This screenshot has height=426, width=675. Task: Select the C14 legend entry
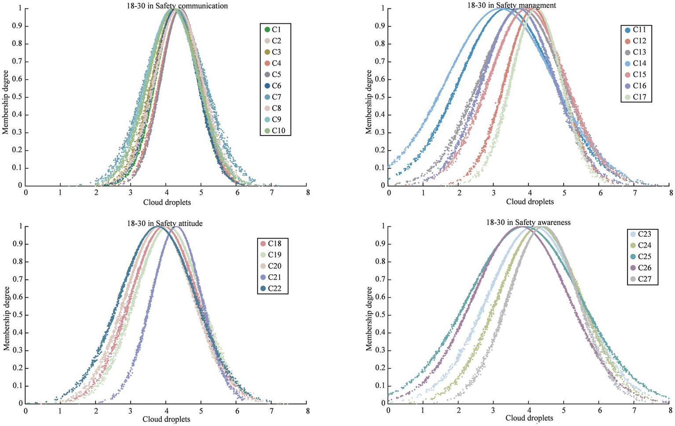tap(635, 63)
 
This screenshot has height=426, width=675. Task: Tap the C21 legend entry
tap(271, 277)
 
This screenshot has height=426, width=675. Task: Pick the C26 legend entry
tap(641, 268)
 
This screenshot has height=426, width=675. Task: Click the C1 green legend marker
tap(267, 29)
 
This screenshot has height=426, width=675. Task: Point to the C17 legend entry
tap(635, 97)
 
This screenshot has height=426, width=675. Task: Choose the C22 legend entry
tap(271, 289)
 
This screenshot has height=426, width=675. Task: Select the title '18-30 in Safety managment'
tap(511, 5)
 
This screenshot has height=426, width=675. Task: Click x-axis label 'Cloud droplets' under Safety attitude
tap(166, 419)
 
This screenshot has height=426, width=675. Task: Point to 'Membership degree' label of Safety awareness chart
tap(369, 319)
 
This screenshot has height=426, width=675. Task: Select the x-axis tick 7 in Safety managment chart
tap(635, 193)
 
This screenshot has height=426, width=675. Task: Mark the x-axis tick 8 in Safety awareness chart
tap(670, 410)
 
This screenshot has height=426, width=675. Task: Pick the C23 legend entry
tap(641, 234)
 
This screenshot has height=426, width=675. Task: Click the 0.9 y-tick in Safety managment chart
tap(381, 26)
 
